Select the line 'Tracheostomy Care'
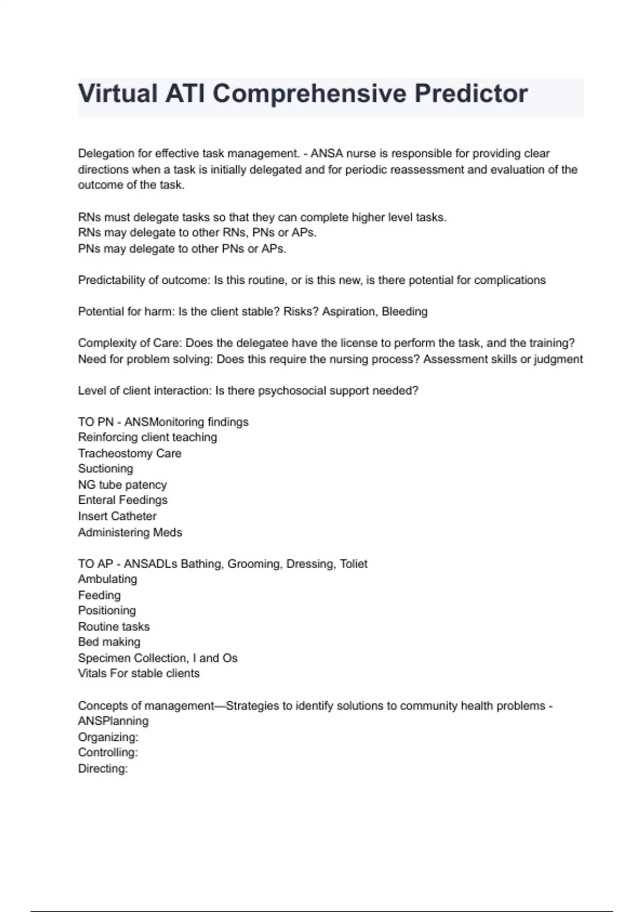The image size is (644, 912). pos(129,453)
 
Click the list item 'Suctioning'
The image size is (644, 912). pos(105,469)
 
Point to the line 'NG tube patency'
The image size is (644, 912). pos(122,485)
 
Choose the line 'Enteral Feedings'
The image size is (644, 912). pos(122,501)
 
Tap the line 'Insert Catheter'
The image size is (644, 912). pos(117,517)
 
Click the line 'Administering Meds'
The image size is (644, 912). pos(130,533)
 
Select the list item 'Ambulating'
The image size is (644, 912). pos(107,579)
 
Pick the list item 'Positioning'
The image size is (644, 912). pos(107,611)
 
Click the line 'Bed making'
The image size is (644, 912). pos(109,642)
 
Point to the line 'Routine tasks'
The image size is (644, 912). pos(114,627)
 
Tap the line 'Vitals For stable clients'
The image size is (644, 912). pos(138,674)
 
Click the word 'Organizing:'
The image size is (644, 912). pos(108,738)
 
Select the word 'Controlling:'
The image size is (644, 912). pos(108,753)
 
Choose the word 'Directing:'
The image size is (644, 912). pos(103,769)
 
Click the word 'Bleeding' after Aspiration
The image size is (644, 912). pos(405,312)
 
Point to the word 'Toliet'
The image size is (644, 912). pos(354,564)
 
